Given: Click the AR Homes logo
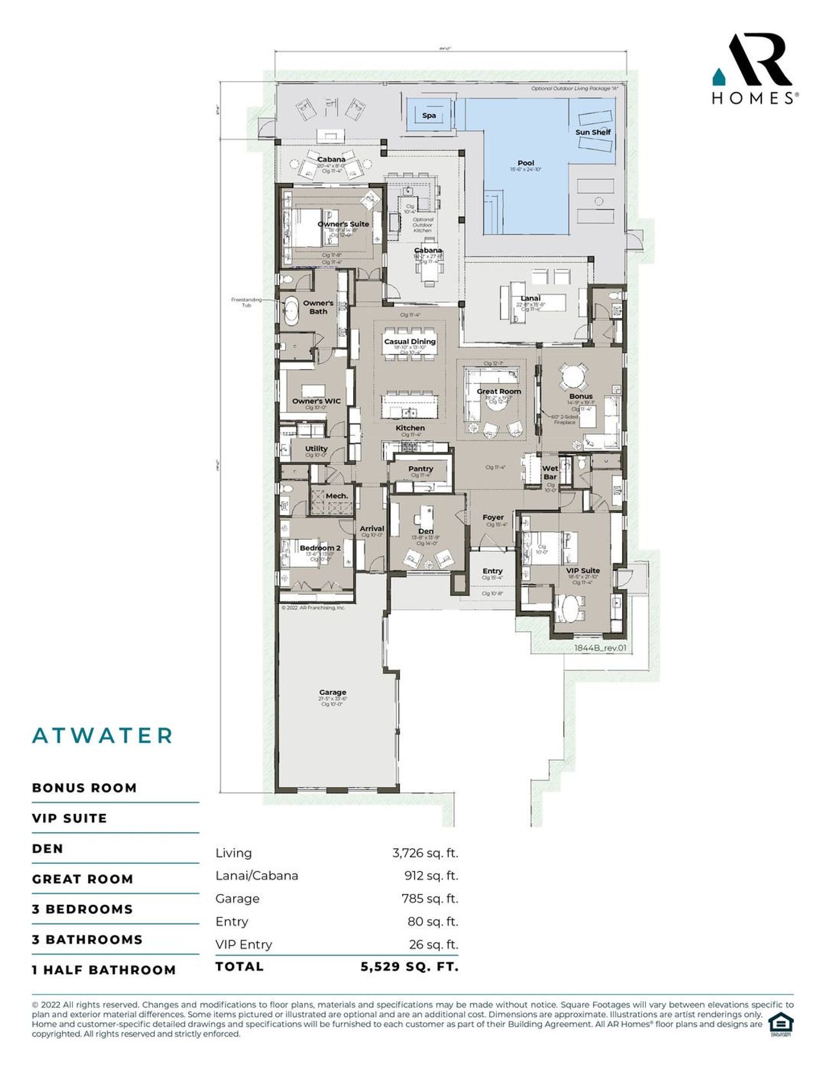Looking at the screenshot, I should click(x=755, y=68).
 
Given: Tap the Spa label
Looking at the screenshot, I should click(x=429, y=116).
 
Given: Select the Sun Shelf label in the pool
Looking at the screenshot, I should click(x=593, y=132).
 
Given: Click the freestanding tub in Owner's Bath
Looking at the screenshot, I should click(x=291, y=311).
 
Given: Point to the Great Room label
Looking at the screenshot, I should click(x=499, y=391).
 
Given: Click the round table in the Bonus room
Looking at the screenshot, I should click(x=572, y=376).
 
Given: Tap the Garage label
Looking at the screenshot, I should click(x=333, y=692).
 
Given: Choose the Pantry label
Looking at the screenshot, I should click(x=420, y=469).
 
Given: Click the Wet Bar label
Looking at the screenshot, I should click(x=550, y=472).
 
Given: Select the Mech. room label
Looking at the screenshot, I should click(x=336, y=496).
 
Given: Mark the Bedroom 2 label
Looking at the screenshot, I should click(x=320, y=548).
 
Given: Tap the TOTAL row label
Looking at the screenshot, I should click(x=240, y=966).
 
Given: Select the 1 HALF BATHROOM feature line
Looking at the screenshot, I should click(x=104, y=970).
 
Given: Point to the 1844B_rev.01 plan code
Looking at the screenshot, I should click(x=600, y=648).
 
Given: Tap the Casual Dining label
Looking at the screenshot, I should click(x=410, y=342).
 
